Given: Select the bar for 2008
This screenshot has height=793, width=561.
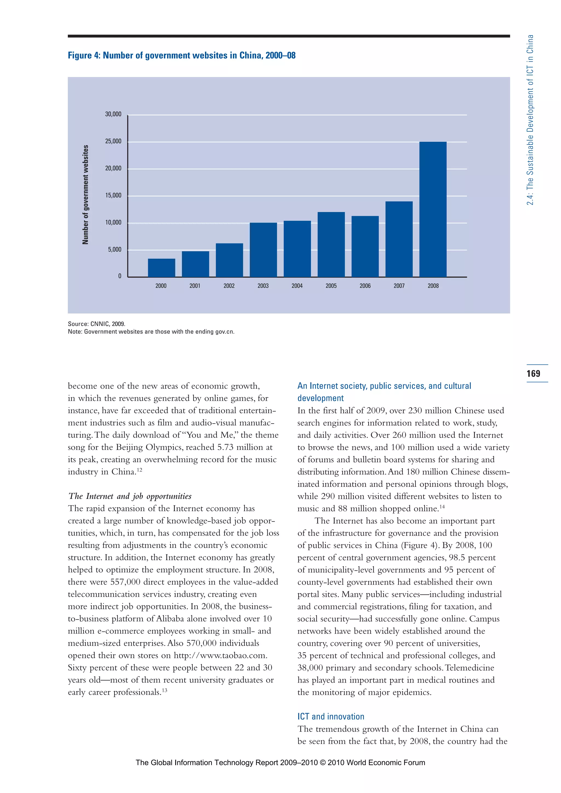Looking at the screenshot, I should [x=433, y=209].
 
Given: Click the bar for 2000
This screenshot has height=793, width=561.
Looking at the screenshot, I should [x=161, y=268].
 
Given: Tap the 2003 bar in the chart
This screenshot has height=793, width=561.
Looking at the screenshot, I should [x=263, y=250].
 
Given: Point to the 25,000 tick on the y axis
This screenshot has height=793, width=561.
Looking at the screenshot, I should [x=113, y=141].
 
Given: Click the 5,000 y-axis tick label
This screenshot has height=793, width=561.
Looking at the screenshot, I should [x=115, y=249].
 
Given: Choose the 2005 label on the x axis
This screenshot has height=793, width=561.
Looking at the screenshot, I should [x=331, y=286].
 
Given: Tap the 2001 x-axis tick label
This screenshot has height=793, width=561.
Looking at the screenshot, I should [x=195, y=286].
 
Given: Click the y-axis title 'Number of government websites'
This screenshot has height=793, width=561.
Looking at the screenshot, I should [x=85, y=194].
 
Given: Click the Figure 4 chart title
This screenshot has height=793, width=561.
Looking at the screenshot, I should [x=181, y=55].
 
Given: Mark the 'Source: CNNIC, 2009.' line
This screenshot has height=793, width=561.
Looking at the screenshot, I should [x=96, y=324].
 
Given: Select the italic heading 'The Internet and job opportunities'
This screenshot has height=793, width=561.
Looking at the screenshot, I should [x=130, y=496].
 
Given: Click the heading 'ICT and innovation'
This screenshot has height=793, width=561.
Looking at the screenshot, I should [x=331, y=717].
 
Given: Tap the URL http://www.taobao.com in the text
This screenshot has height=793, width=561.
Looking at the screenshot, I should [x=220, y=656].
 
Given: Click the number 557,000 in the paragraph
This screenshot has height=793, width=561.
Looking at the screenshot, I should [x=125, y=582].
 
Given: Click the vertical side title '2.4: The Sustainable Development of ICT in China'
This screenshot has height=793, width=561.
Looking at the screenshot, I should [x=530, y=120].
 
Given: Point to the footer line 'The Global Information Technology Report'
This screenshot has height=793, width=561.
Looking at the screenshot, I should [x=280, y=763].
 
